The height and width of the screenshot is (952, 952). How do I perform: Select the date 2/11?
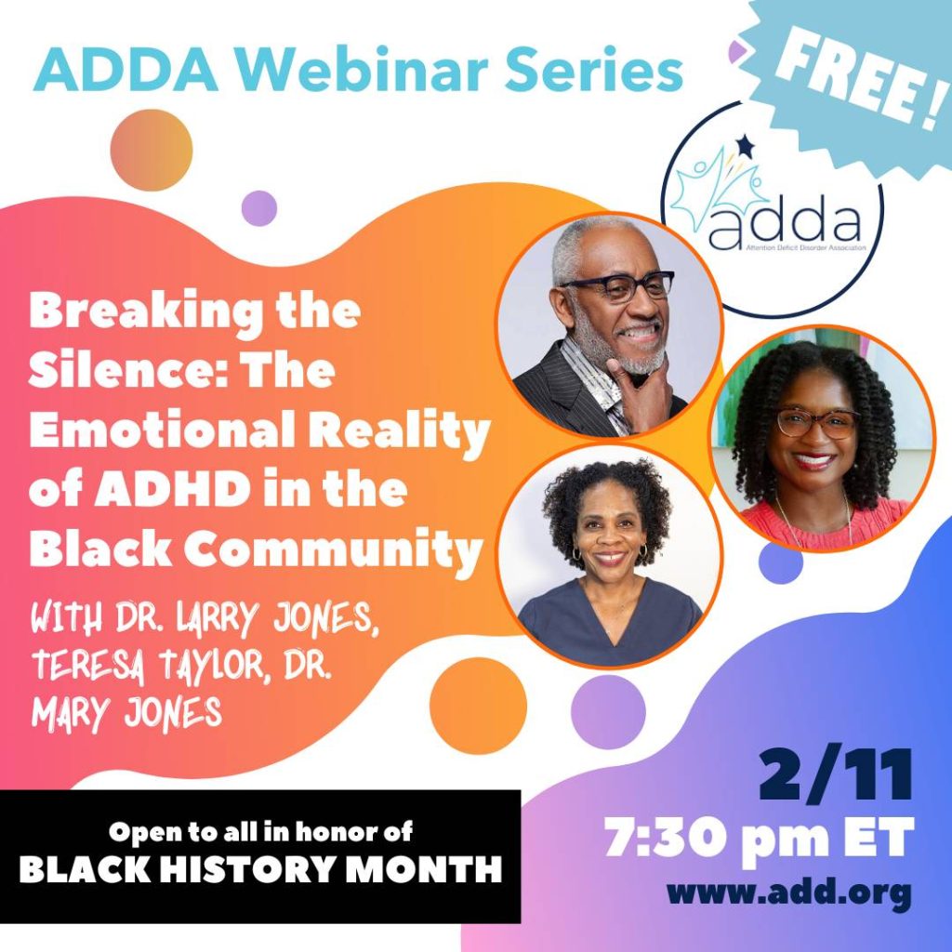click(x=836, y=775)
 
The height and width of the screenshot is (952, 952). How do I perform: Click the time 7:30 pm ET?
click(x=759, y=838)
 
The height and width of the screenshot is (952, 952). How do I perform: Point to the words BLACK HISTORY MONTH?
click(x=260, y=869)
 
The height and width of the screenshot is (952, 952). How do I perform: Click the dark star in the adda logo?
click(x=745, y=146)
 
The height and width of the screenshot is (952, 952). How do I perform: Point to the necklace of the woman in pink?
click(x=813, y=516)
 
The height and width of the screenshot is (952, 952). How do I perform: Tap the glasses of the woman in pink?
click(x=817, y=423)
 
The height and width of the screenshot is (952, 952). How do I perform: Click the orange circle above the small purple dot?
click(x=152, y=150)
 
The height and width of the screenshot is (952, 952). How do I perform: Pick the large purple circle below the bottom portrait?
click(x=608, y=712)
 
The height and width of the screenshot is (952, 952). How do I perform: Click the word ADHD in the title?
click(x=171, y=490)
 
